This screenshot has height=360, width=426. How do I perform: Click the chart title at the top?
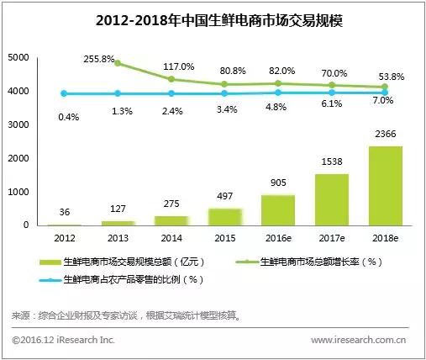213,19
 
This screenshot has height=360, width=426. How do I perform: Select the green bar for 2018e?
384,185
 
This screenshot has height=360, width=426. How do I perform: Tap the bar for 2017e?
332,199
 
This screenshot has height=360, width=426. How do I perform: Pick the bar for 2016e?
278,210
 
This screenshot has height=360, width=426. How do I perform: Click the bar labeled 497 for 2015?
224,217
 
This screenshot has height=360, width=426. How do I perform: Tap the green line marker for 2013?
118,63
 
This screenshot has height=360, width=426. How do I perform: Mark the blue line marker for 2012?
65,93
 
